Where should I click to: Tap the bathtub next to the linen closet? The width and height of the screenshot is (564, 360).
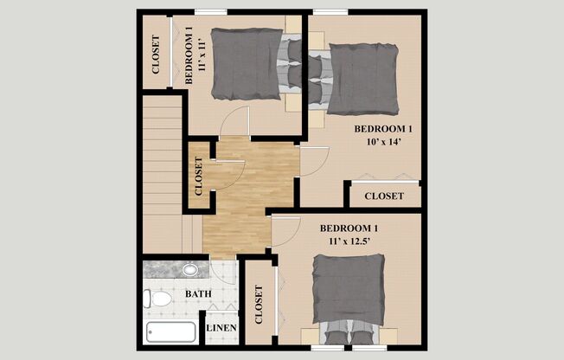click(x=171, y=333)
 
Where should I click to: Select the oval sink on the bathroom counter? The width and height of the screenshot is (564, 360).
click(x=191, y=269)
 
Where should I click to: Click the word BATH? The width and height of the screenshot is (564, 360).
click(x=198, y=294)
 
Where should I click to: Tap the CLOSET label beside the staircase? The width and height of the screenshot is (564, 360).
click(x=199, y=174)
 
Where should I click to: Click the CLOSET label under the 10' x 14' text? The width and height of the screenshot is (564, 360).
click(x=383, y=196)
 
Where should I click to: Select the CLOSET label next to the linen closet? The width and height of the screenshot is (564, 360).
click(x=259, y=305)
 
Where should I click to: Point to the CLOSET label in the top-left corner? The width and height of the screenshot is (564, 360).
click(x=156, y=55)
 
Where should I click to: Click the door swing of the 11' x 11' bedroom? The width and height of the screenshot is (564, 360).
click(x=234, y=122)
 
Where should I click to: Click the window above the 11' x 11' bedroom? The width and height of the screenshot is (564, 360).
click(x=211, y=11)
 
